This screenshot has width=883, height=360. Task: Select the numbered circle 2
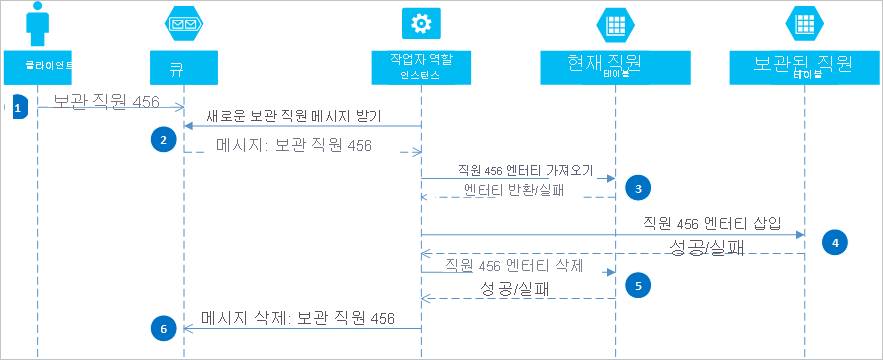click(x=162, y=140)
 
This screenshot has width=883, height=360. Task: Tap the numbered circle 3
click(x=636, y=186)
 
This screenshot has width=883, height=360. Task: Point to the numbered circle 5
click(x=636, y=284)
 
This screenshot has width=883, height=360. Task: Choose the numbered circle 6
click(x=162, y=326)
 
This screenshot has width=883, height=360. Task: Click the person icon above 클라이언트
click(x=37, y=25)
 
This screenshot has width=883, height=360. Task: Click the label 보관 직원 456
click(x=105, y=101)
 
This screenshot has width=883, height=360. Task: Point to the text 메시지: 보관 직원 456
click(x=293, y=146)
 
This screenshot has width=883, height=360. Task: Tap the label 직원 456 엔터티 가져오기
click(x=525, y=170)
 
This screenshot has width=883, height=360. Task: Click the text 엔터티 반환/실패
click(x=514, y=190)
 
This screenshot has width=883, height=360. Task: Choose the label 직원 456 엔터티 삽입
click(x=711, y=222)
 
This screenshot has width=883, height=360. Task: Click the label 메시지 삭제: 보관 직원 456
click(x=297, y=319)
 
